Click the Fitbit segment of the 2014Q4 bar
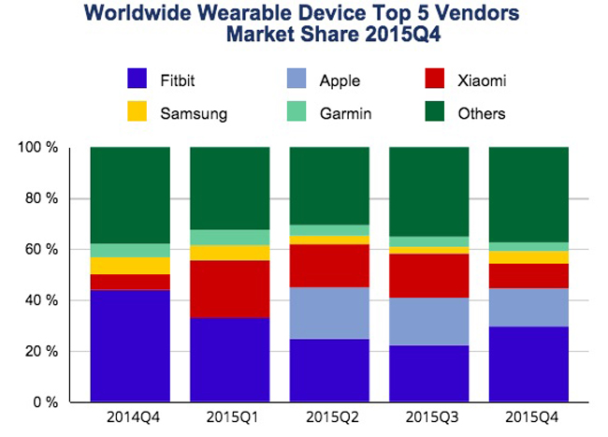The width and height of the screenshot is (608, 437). [130, 345]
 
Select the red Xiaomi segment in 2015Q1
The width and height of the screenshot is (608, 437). [229, 288]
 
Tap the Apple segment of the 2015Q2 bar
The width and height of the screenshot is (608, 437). [328, 313]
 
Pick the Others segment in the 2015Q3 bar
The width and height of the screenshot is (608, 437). [428, 191]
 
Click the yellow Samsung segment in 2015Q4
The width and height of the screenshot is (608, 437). [528, 256]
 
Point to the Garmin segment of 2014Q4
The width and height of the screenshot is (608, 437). [130, 250]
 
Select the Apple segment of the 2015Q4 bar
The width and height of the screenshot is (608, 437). [528, 307]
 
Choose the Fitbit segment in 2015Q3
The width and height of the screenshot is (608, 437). [428, 373]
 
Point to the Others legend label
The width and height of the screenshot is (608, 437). [483, 114]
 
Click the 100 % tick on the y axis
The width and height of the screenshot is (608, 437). [40, 148]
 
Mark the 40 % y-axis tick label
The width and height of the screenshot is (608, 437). [43, 300]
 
